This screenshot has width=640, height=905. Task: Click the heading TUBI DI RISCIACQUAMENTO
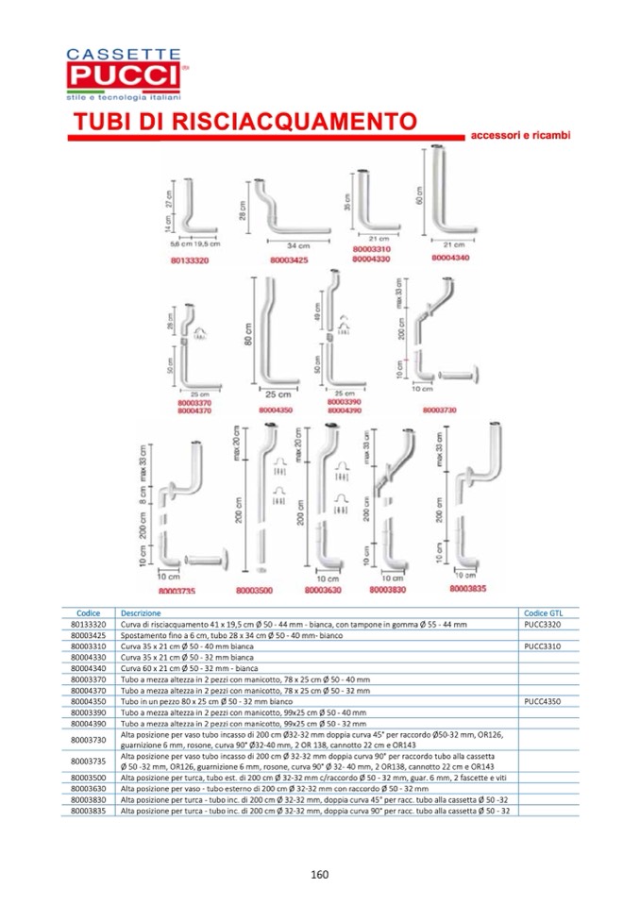[245, 123]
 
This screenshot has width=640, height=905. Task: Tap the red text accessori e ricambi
[521, 136]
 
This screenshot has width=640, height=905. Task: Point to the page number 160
[320, 875]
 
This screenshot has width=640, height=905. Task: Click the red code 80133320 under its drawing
[190, 258]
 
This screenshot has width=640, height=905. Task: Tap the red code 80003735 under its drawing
[177, 591]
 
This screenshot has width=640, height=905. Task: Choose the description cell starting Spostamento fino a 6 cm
[218, 636]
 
